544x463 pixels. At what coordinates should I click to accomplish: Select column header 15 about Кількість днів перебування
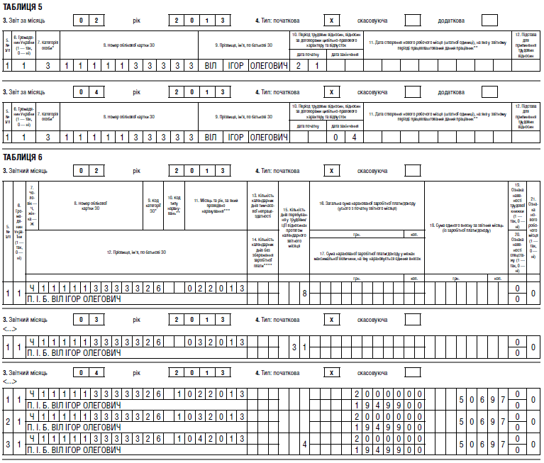[294, 223]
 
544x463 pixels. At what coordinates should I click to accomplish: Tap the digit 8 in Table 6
[304, 292]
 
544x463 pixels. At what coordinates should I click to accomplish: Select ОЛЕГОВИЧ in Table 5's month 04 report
[270, 137]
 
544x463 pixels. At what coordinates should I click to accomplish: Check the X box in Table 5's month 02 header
[330, 21]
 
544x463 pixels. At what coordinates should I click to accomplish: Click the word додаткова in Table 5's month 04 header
[455, 92]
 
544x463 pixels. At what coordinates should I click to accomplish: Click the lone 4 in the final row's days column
[304, 445]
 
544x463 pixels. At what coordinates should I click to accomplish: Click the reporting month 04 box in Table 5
[92, 92]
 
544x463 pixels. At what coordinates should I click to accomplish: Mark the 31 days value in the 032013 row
[299, 347]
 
